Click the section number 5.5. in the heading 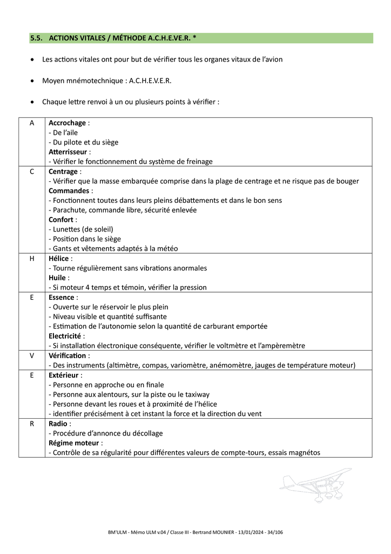pyautogui.click(x=37, y=38)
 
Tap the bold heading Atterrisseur pyautogui.click(x=68, y=152)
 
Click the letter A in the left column pyautogui.click(x=32, y=123)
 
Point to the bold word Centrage pyautogui.click(x=63, y=172)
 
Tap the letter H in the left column pyautogui.click(x=32, y=259)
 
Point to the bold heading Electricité pyautogui.click(x=66, y=336)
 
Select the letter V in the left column pyautogui.click(x=32, y=355)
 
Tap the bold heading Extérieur pyautogui.click(x=64, y=375)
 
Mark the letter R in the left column pyautogui.click(x=32, y=424)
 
